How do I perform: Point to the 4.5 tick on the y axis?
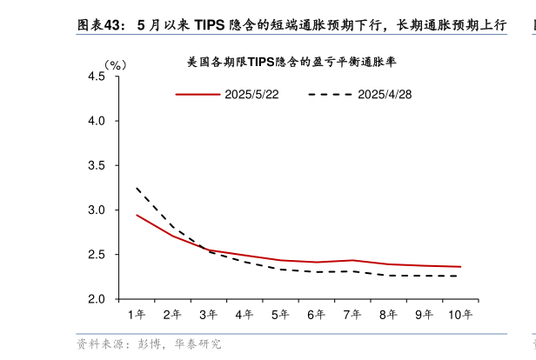[97, 77]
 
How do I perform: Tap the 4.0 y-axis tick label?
[97, 121]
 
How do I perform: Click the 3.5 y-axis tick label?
[97, 165]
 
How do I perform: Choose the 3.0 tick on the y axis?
[97, 210]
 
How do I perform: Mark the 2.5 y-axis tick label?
[97, 255]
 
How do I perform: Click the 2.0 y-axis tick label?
[97, 299]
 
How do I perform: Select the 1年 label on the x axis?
[137, 314]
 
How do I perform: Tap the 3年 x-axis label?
[208, 314]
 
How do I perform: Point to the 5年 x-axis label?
[280, 314]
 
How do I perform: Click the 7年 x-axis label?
[352, 314]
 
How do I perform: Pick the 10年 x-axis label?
[459, 314]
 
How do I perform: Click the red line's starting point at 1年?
[137, 215]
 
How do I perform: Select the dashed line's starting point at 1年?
[137, 188]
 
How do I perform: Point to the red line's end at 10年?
[459, 267]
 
